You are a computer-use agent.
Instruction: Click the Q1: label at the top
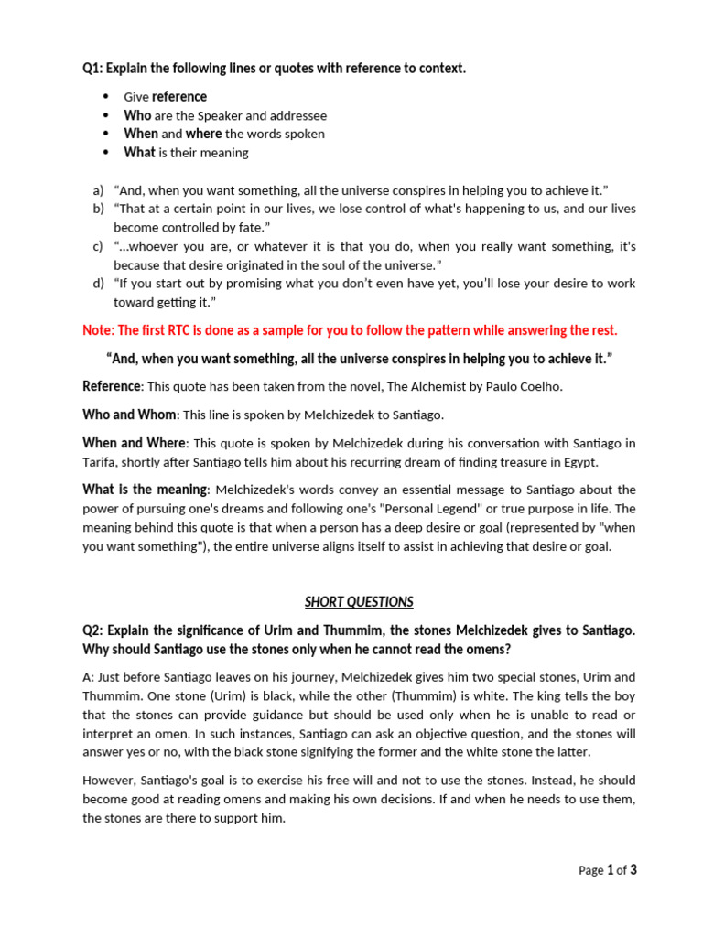click(93, 69)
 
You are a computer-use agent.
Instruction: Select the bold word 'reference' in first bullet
click(179, 97)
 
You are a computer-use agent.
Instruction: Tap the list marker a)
click(98, 190)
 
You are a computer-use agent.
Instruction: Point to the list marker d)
click(98, 284)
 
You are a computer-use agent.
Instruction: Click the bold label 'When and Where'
click(134, 443)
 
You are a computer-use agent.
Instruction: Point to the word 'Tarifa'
click(100, 462)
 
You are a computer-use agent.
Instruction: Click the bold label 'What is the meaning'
click(146, 490)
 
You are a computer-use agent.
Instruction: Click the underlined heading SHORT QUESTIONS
click(359, 602)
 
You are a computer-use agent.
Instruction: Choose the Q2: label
click(93, 630)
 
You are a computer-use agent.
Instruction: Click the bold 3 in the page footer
click(633, 870)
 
